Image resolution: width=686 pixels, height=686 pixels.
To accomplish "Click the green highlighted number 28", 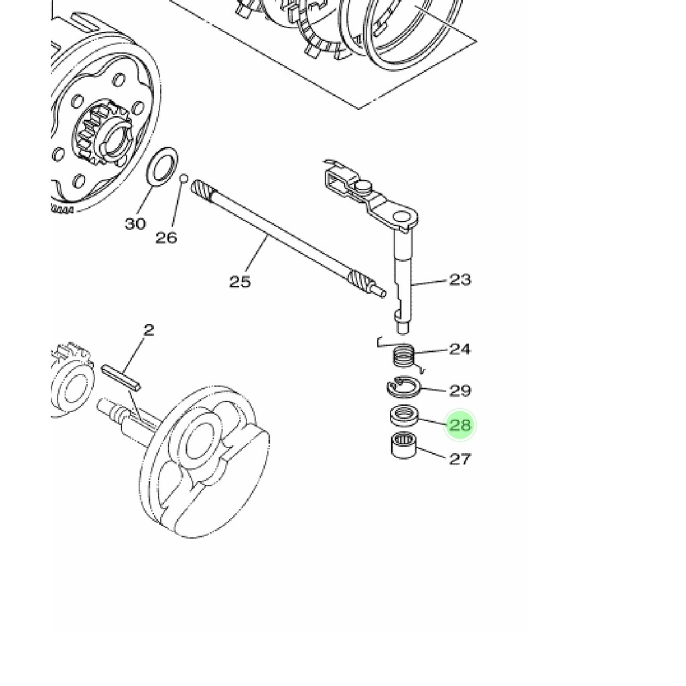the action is pos(460,425).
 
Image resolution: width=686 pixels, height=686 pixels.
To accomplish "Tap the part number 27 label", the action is pos(460,459).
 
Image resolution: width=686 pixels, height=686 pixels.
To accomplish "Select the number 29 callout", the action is pos(460,391).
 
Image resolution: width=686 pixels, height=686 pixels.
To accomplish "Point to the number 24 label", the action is pos(460,349).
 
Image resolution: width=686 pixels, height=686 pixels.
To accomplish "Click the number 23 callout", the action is pos(460,279).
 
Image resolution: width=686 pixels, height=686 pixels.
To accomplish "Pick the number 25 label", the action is pos(241,282).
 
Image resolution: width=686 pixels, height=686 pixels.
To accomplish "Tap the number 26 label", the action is pos(166,238).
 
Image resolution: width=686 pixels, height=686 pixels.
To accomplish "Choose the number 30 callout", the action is pos(135,224).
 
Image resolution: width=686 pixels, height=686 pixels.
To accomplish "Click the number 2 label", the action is pos(149,330).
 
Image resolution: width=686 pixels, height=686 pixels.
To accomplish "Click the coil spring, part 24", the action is pos(403,354).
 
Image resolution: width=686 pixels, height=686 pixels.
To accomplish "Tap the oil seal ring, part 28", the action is pos(404,415).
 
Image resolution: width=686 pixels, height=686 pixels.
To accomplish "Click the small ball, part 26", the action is pos(184,178).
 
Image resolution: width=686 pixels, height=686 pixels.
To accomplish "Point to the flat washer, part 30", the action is pos(163,167).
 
